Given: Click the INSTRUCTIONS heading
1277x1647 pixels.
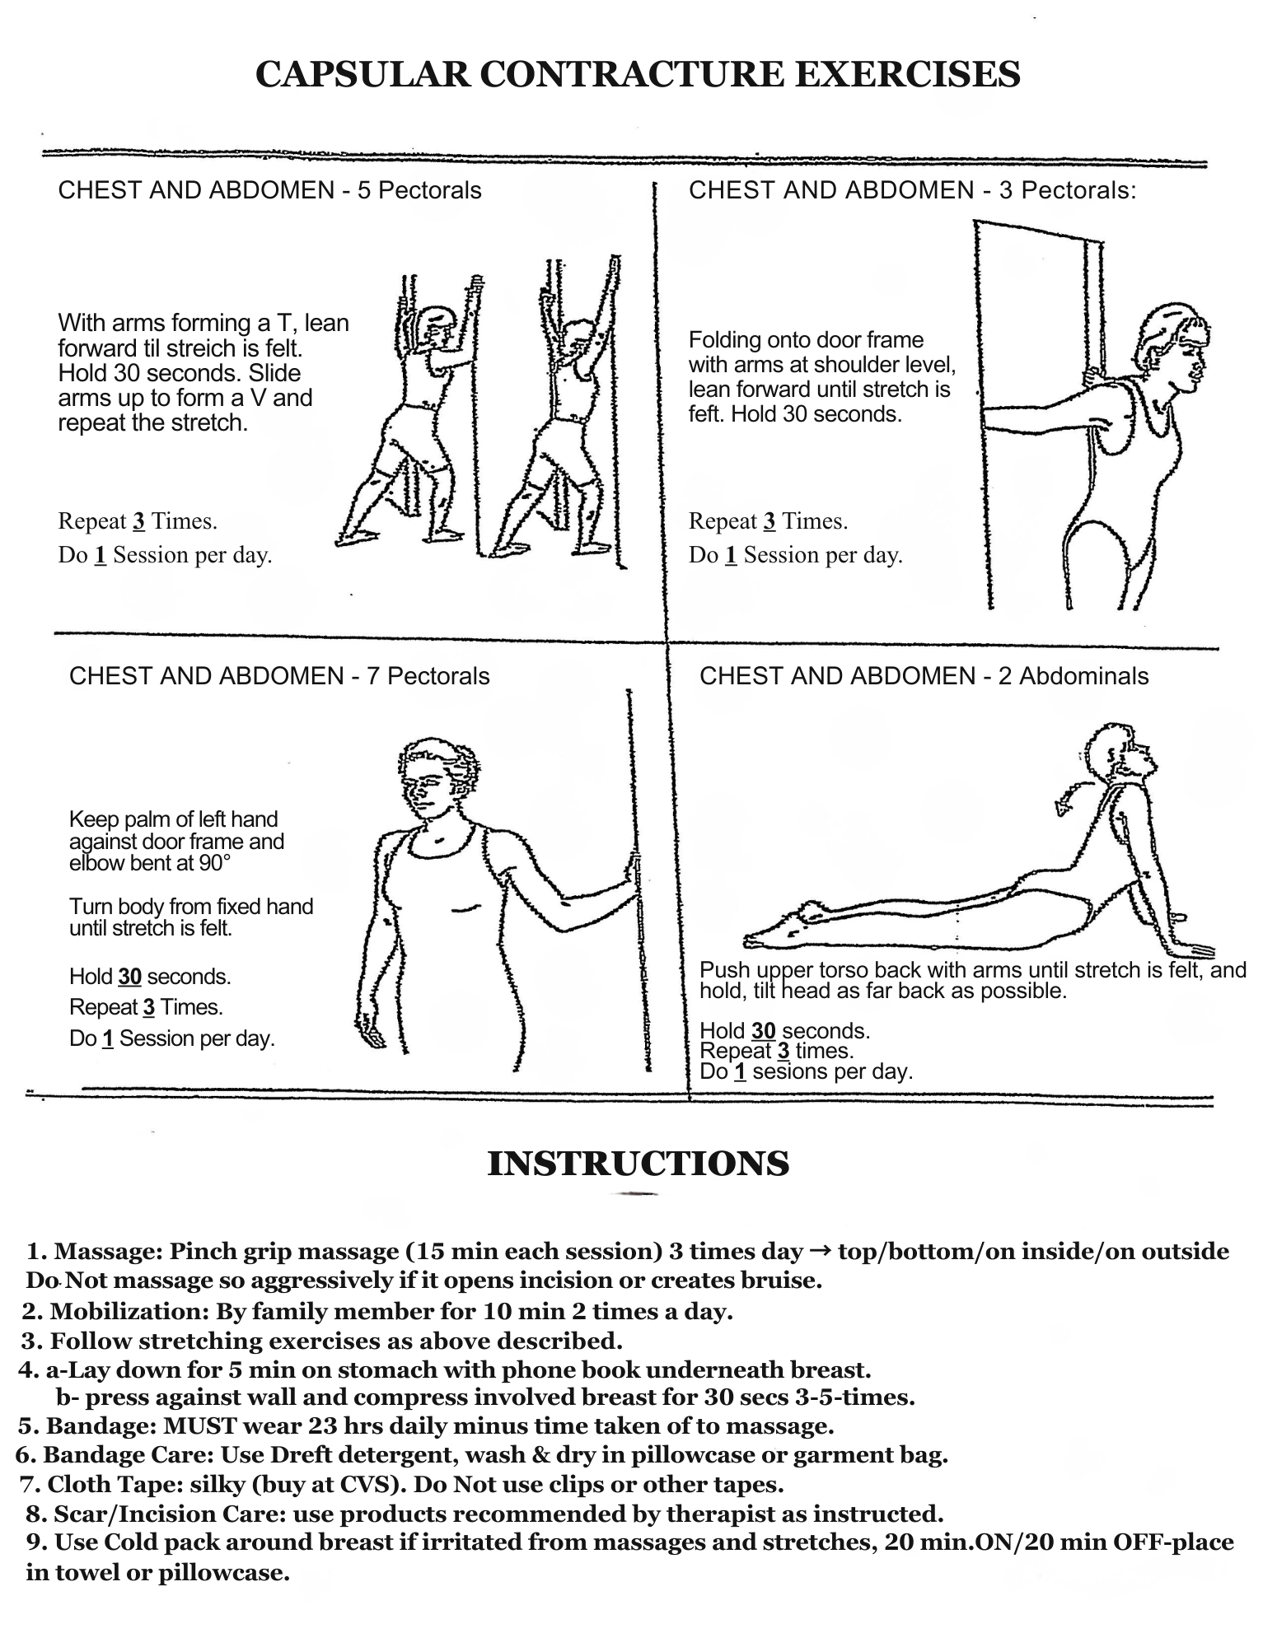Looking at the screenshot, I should pyautogui.click(x=638, y=1164).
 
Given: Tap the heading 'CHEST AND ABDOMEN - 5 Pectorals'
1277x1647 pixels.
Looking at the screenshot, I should pyautogui.click(x=269, y=190).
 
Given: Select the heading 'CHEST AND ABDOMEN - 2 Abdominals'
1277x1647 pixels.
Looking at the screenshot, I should pyautogui.click(x=924, y=676).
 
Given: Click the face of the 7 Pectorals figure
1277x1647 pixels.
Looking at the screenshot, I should pyautogui.click(x=427, y=786).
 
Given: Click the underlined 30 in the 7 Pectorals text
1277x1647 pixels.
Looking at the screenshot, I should pyautogui.click(x=130, y=977).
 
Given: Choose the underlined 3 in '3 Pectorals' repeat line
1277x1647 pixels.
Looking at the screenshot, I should pyautogui.click(x=769, y=522).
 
